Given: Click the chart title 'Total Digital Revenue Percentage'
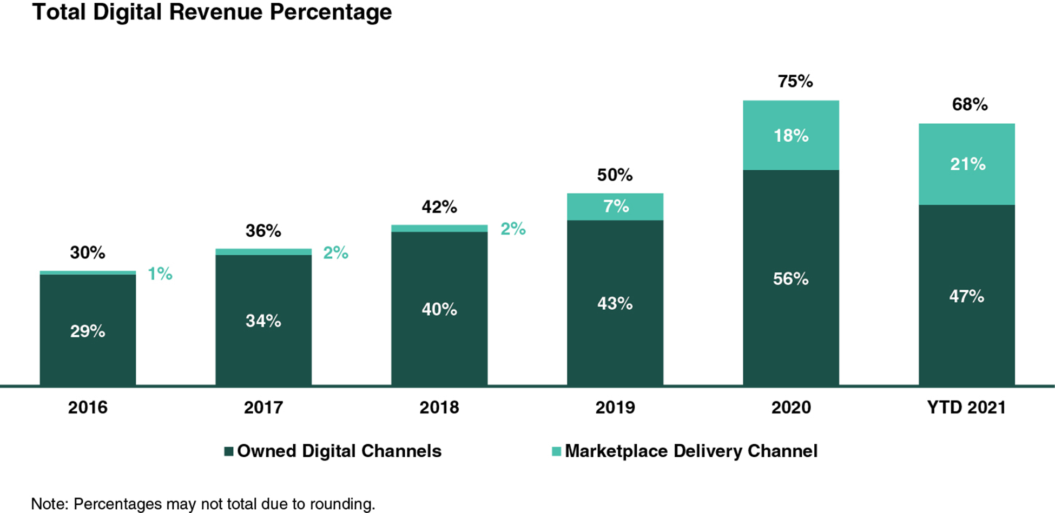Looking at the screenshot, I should tap(212, 12).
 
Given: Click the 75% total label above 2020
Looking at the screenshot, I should tap(795, 81).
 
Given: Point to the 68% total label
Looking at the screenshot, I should tap(970, 104).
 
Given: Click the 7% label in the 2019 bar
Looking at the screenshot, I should tap(616, 206).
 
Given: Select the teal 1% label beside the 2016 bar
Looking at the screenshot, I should tap(160, 274).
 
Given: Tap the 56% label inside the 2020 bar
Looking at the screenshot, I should tap(790, 279).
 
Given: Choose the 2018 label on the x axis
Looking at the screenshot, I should tap(439, 407).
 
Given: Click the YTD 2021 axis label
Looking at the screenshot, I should tap(966, 407).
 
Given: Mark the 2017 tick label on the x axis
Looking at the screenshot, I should tap(263, 407).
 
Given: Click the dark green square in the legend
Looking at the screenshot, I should tap(229, 451).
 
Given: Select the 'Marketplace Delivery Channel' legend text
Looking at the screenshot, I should tap(691, 451).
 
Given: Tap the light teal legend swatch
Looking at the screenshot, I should tap(556, 451).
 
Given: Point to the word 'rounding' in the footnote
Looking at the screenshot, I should tap(344, 504).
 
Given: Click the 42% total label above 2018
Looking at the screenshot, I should tap(439, 206).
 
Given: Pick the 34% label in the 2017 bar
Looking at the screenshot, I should tap(263, 321).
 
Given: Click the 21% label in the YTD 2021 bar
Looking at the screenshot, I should tap(967, 164).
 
